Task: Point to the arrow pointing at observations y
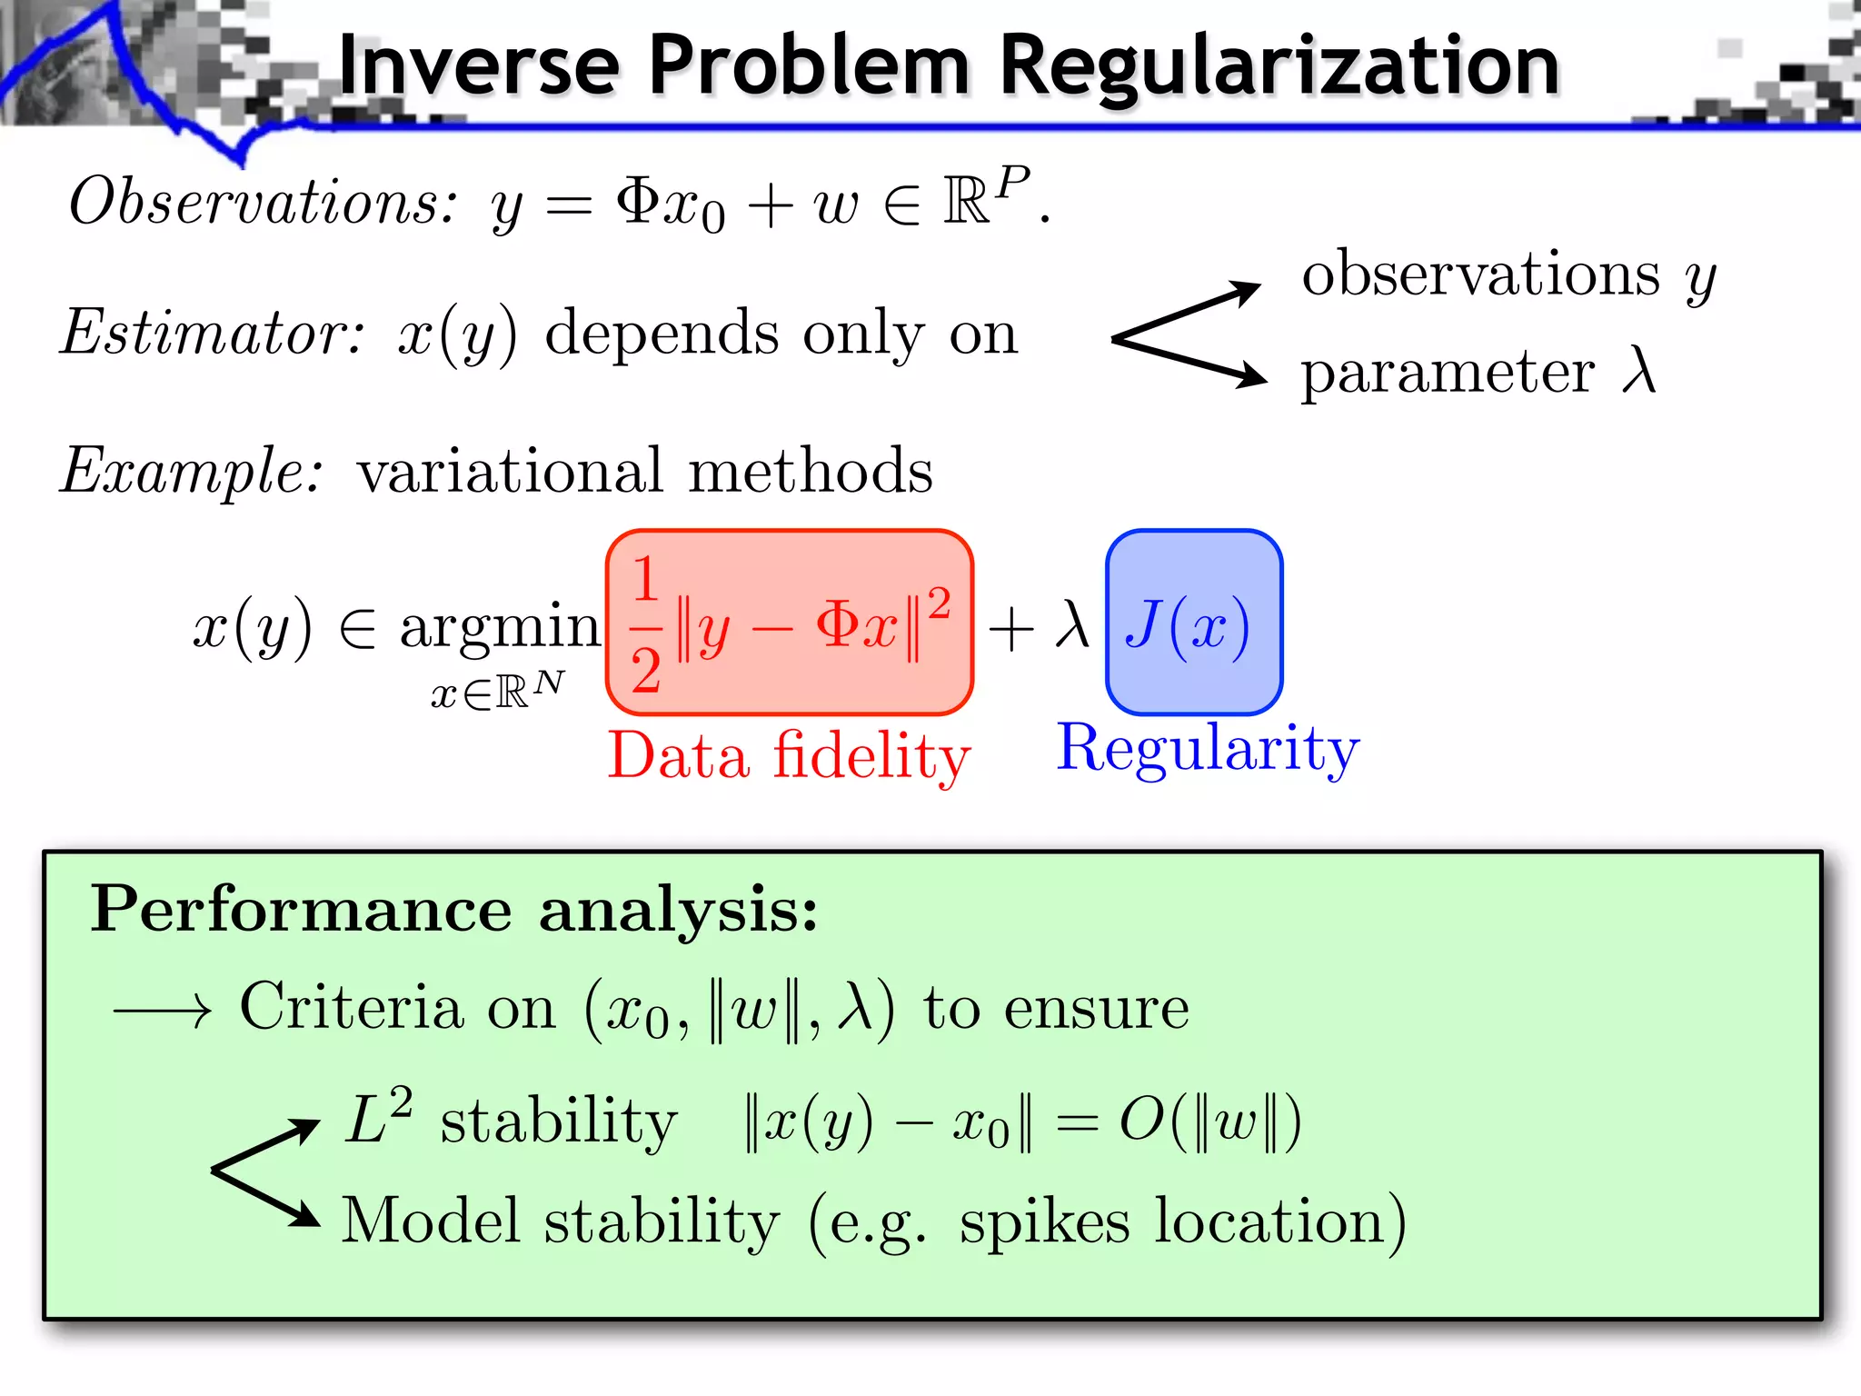1190,310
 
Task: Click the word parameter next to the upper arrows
1447,374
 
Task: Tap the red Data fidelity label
789,756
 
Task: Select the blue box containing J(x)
1193,623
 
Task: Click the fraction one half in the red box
645,625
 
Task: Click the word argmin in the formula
500,627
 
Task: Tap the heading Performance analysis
454,909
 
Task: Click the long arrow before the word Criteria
162,1011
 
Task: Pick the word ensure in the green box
1096,1009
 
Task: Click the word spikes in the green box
1044,1222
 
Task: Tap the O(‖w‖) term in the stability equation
1209,1122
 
